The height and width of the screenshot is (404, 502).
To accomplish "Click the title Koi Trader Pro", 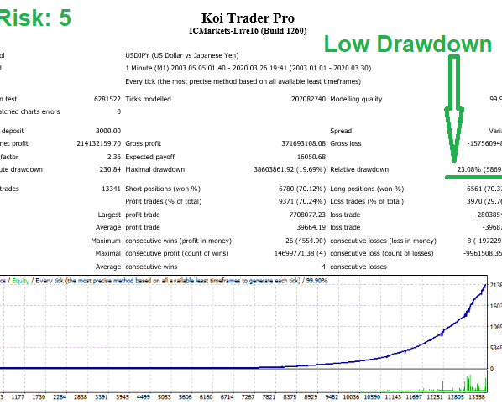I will pyautogui.click(x=248, y=18).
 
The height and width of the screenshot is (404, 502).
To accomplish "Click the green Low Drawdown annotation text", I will pyautogui.click(x=408, y=44).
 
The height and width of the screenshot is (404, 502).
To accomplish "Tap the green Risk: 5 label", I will pyautogui.click(x=36, y=18).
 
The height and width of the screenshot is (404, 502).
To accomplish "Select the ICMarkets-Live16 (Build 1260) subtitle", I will pyautogui.click(x=248, y=33).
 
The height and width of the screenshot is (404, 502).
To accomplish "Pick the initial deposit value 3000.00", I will pyautogui.click(x=107, y=131).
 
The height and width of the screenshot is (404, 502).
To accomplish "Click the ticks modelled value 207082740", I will pyautogui.click(x=298, y=99).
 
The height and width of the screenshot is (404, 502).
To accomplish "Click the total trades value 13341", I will pyautogui.click(x=107, y=189).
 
